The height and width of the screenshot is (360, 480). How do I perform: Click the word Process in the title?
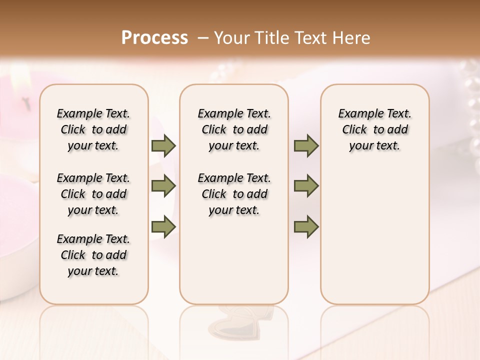click(x=154, y=37)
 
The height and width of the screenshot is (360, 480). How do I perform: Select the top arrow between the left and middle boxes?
click(x=163, y=146)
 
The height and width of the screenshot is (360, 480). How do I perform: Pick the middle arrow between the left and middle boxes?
click(x=163, y=186)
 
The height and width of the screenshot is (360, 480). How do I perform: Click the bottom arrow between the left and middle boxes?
click(x=163, y=226)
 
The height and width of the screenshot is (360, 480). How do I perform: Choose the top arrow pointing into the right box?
click(x=306, y=146)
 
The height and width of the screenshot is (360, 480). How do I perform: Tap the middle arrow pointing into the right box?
click(x=306, y=186)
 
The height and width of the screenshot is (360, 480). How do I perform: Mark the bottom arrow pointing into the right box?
click(x=306, y=226)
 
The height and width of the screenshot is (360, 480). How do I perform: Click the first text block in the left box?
click(x=93, y=129)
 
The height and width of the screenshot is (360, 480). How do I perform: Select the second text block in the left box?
click(x=93, y=194)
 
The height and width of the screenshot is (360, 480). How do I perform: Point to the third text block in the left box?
click(x=93, y=255)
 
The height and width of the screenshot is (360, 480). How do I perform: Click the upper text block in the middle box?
click(x=234, y=129)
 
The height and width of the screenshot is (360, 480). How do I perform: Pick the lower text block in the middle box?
click(x=234, y=194)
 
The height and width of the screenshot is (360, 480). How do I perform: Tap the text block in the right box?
click(x=374, y=129)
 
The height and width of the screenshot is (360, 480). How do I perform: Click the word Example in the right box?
click(x=357, y=114)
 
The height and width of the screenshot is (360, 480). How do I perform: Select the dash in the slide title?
click(x=202, y=38)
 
